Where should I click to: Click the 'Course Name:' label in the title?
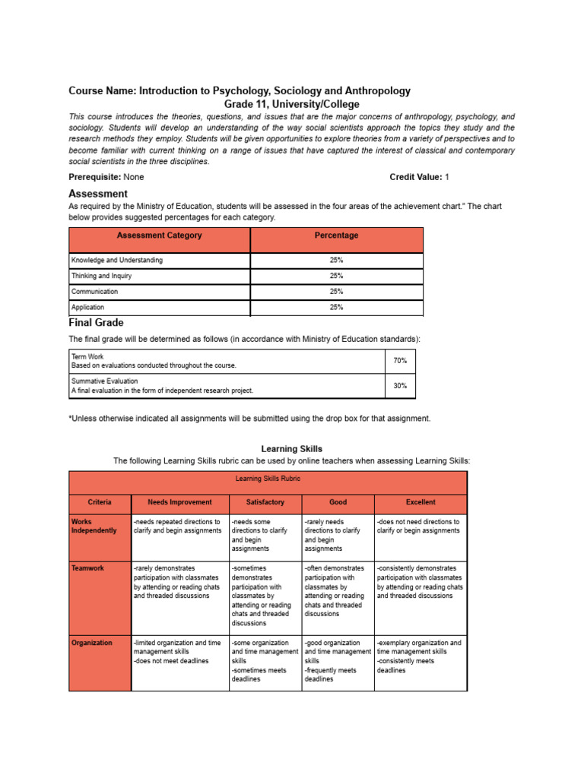coord(103,91)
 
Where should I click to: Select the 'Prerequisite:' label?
coord(95,177)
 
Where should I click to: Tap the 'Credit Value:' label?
coord(416,177)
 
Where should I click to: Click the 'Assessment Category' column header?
coord(160,236)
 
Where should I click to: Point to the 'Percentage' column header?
coord(336,236)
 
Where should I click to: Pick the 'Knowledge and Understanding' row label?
coord(116,260)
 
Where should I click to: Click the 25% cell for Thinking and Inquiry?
coord(336,276)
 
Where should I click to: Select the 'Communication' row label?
coord(94,292)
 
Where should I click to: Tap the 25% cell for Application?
coord(336,308)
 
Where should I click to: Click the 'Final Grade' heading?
coord(96,323)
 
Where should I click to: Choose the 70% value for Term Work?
coord(400,361)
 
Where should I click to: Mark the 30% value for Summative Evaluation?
coord(400,386)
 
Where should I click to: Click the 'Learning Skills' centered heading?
coord(292,449)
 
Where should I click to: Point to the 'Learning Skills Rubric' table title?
coord(268,479)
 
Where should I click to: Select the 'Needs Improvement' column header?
coord(179,502)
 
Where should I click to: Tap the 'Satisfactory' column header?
coord(265,502)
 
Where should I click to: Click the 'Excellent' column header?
coord(421,502)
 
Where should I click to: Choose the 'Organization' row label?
coord(92,643)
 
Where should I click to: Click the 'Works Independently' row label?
coord(94,527)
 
